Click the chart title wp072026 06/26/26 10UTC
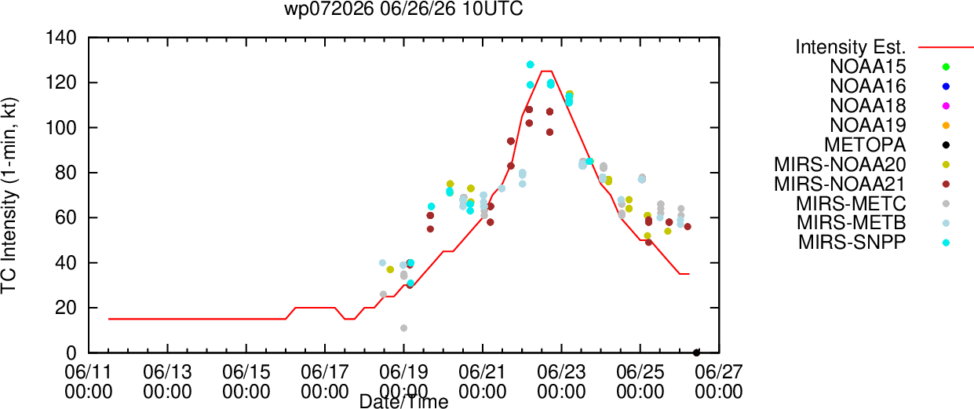(403, 9)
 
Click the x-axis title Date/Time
(403, 401)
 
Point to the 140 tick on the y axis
(61, 38)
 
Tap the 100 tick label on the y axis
(61, 128)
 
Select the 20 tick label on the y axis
(66, 308)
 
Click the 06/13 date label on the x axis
(167, 372)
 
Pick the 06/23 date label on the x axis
(561, 372)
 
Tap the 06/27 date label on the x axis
(719, 372)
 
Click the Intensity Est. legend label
(851, 47)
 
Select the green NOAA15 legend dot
(946, 67)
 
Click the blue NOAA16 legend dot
(946, 86)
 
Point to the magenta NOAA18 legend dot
(946, 106)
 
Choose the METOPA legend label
(865, 145)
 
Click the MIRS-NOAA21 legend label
(840, 184)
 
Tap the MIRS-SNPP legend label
(852, 243)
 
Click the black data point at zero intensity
(696, 352)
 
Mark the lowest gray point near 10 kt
(403, 328)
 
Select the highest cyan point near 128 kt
(530, 64)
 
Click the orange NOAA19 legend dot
(946, 126)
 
